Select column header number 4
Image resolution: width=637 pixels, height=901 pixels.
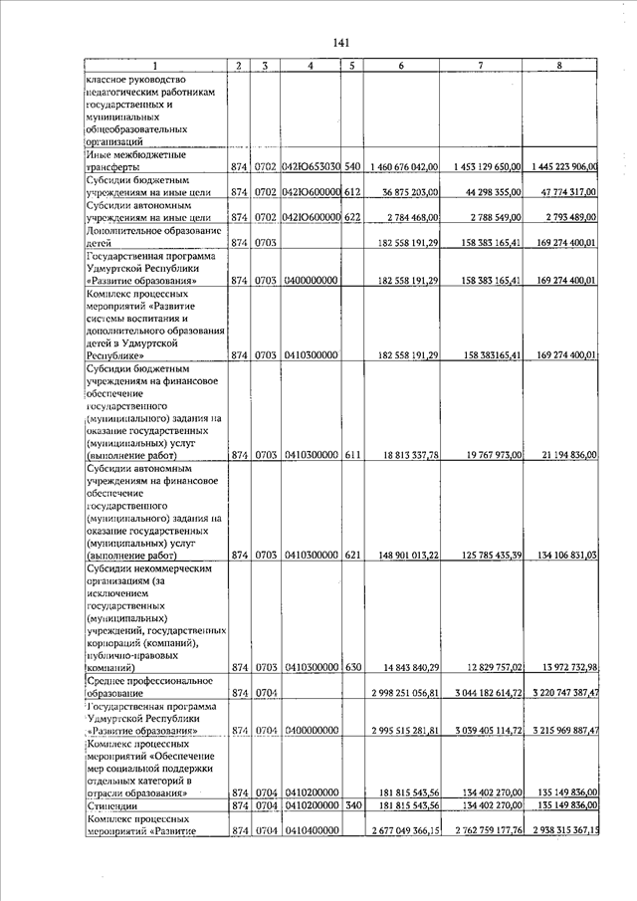(x=311, y=66)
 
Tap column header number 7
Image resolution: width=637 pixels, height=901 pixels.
(x=481, y=66)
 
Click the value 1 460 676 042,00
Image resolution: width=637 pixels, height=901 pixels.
(x=403, y=166)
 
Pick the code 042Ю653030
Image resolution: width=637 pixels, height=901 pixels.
(x=311, y=166)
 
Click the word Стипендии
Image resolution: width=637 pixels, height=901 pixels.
(x=113, y=804)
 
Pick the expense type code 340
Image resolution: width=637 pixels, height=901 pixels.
(x=351, y=804)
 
